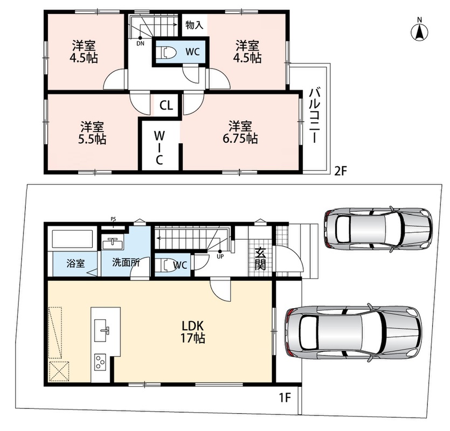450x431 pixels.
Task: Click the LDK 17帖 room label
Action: pos(192,332)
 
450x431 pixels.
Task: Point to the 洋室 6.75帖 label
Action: pos(240,133)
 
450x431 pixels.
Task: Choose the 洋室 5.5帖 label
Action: pos(92,133)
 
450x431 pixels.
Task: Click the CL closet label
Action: pos(167,105)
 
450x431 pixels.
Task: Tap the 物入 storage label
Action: pos(195,25)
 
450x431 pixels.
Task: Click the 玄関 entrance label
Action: pos(260,258)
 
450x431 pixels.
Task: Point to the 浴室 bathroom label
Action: pos(75,263)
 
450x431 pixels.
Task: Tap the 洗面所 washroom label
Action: pos(126,262)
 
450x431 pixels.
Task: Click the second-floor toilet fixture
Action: pos(168,52)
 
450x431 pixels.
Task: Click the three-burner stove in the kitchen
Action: pos(100,363)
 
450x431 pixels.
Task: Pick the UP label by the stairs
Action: pos(220,257)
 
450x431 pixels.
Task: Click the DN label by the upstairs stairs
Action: pos(140,44)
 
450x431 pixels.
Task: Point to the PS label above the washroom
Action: pos(113,219)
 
